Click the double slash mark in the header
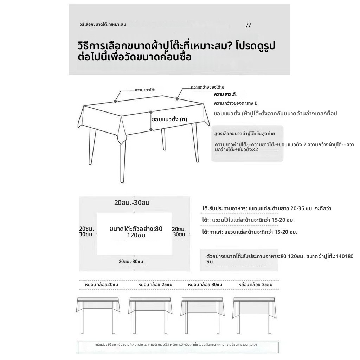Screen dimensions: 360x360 click(248, 26)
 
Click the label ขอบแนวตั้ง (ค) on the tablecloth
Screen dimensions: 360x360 click(169, 120)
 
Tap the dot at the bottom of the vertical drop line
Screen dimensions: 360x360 click(151, 130)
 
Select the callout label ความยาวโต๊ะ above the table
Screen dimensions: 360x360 click(145, 90)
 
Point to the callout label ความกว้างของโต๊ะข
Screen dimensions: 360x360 click(207, 87)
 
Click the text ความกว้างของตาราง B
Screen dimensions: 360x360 click(236, 103)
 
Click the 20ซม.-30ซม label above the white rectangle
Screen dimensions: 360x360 click(132, 203)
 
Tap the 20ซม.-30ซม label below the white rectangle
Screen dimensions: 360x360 click(131, 262)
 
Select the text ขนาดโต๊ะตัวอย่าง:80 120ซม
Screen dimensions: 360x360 click(136, 232)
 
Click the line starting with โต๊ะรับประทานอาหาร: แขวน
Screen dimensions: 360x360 click(267, 208)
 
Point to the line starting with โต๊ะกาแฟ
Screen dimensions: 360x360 click(250, 232)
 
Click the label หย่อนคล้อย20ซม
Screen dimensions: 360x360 click(102, 284)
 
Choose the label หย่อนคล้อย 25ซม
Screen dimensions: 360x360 click(155, 284)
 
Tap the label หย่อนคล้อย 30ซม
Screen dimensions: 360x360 click(205, 284)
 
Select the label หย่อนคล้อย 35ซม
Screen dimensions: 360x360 click(255, 284)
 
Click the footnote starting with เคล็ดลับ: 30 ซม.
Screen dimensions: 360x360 click(176, 345)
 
